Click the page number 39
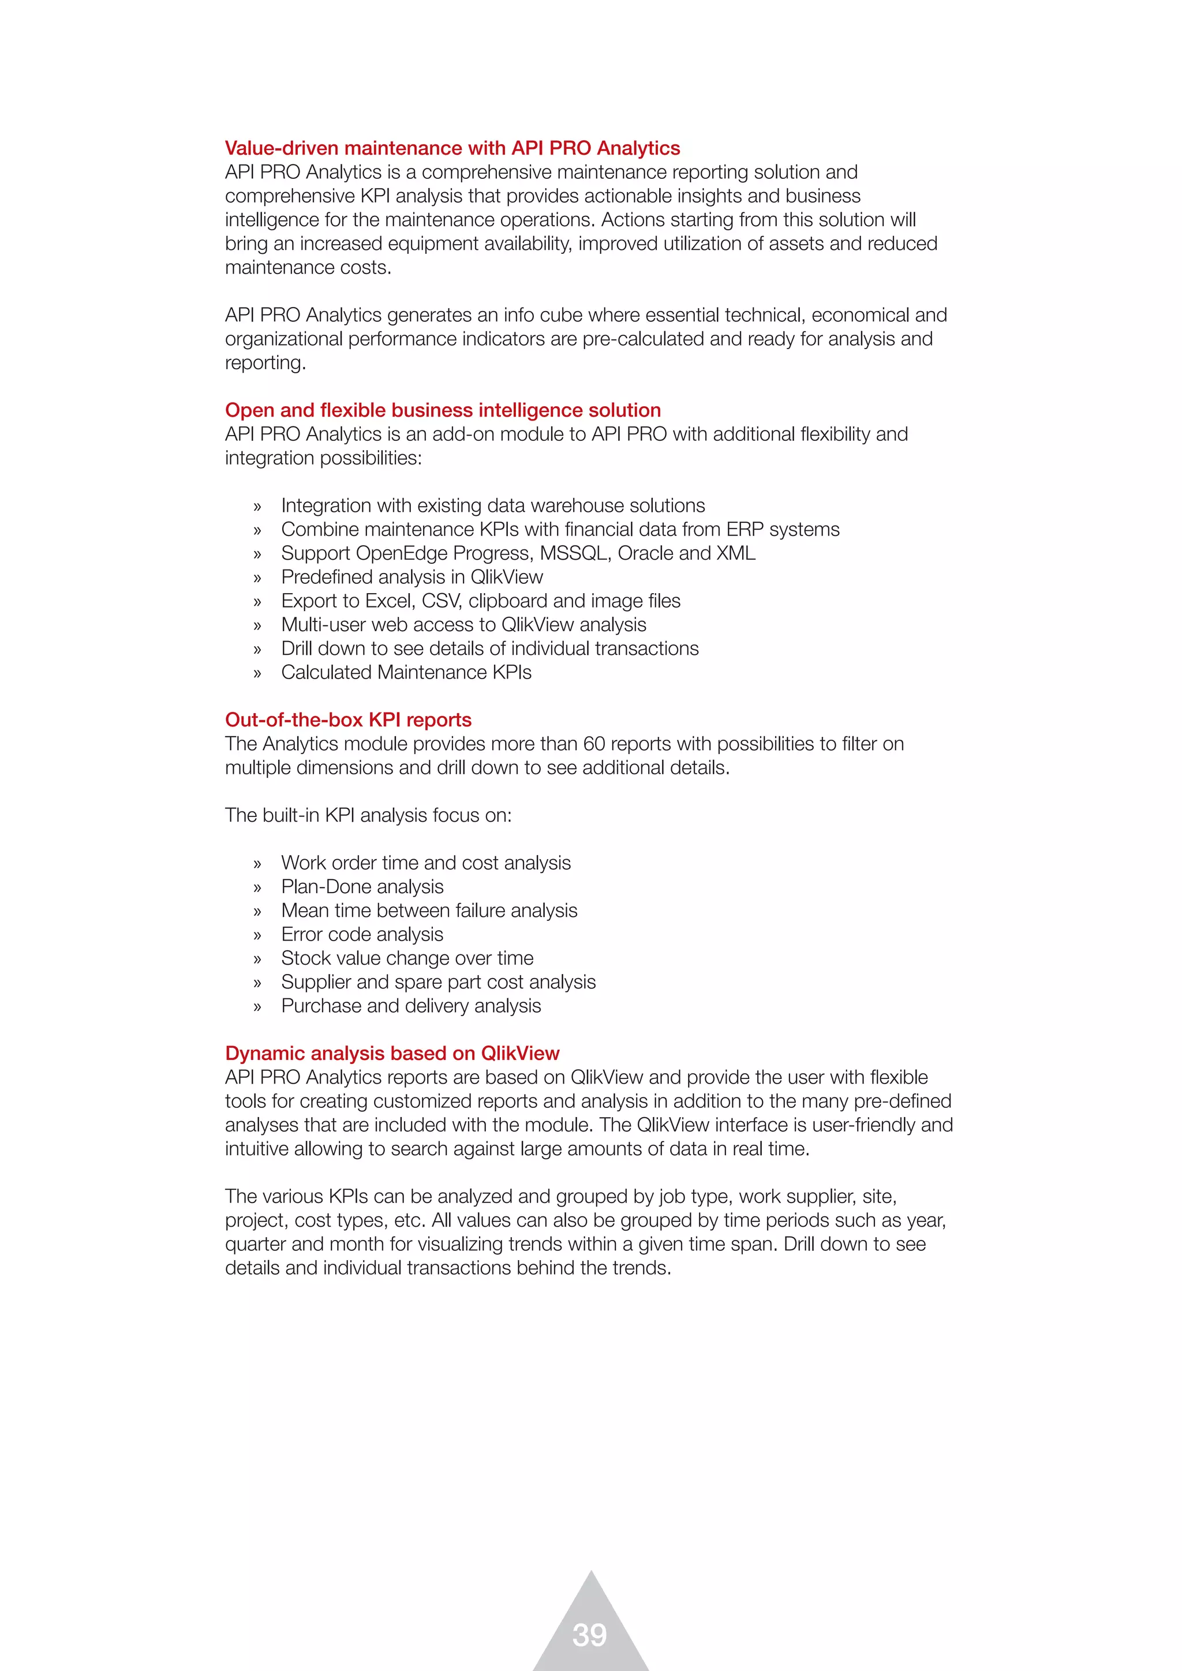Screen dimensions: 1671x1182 click(x=589, y=1635)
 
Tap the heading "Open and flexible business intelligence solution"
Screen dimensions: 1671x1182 click(x=443, y=410)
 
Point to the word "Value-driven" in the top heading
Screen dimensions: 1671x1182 click(x=282, y=148)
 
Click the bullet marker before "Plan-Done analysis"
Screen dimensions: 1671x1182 click(x=257, y=888)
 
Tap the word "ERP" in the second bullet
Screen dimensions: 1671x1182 click(x=745, y=529)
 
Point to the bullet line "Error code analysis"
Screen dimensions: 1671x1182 click(x=362, y=935)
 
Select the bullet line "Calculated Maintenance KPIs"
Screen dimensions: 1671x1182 click(x=406, y=672)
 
